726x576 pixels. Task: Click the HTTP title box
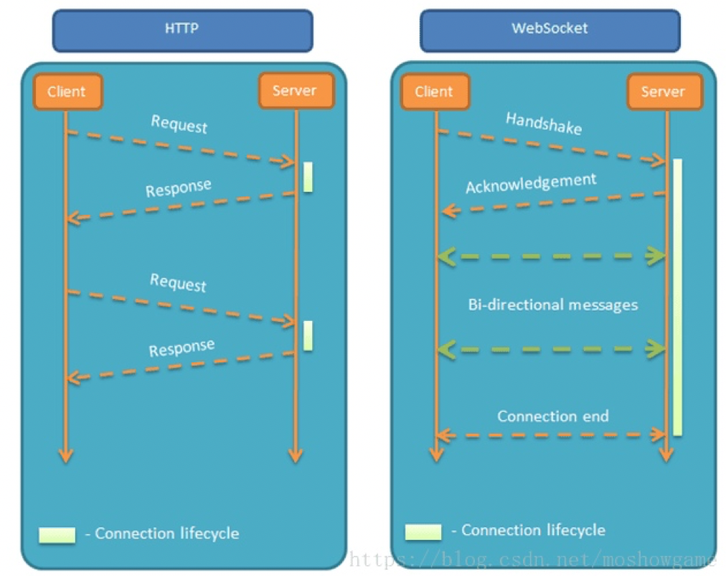click(x=182, y=30)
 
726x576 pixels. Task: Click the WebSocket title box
click(x=550, y=30)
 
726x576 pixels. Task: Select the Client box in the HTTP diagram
click(x=67, y=91)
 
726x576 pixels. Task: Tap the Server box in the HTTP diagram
click(x=294, y=90)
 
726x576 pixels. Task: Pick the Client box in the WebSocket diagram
click(x=434, y=91)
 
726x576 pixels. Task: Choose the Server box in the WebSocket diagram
click(x=664, y=91)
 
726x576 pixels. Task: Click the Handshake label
click(x=544, y=123)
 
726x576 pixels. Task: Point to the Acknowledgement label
click(x=531, y=182)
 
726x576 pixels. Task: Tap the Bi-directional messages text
click(x=552, y=305)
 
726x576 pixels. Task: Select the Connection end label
click(x=552, y=416)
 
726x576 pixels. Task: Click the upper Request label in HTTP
click(x=179, y=124)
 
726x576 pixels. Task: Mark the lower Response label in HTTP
click(x=181, y=348)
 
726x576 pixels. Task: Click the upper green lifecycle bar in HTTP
click(x=308, y=177)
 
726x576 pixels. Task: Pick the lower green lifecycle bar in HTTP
click(x=308, y=335)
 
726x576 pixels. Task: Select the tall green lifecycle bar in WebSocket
click(x=677, y=296)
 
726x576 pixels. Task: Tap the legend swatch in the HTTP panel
click(x=57, y=534)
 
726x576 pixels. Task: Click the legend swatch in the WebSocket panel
click(x=423, y=531)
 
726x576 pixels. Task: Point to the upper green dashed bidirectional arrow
click(x=551, y=255)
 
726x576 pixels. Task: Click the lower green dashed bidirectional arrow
click(x=551, y=350)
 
